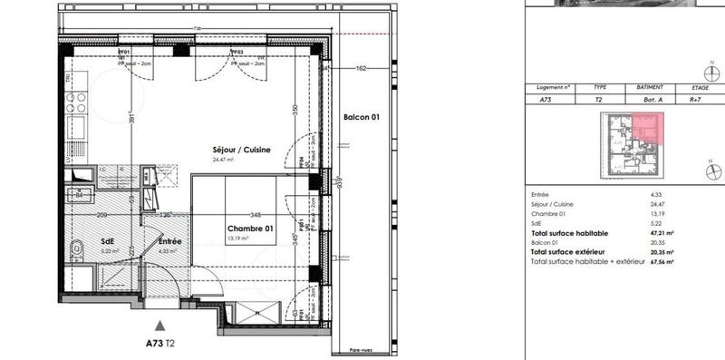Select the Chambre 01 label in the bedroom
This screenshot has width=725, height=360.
pos(251,229)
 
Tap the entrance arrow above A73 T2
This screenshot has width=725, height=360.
pos(160,323)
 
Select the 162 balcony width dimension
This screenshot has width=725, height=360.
pos(361,68)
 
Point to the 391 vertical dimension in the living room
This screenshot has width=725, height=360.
pos(132,118)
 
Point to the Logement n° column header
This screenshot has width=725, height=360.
pos(554,88)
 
